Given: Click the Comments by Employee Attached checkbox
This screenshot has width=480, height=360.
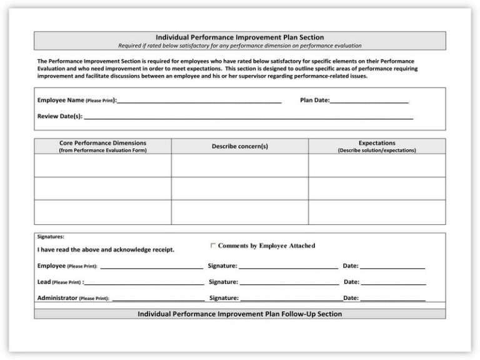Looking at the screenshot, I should pyautogui.click(x=213, y=246).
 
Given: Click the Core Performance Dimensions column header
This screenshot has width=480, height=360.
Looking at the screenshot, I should pyautogui.click(x=102, y=146).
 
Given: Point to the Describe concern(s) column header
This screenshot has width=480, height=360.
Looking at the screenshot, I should pyautogui.click(x=239, y=146).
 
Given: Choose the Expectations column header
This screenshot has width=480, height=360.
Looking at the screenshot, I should pyautogui.click(x=377, y=146).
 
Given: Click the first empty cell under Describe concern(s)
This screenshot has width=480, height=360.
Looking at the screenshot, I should pyautogui.click(x=239, y=166).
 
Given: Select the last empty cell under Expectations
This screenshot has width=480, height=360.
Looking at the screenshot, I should pyautogui.click(x=377, y=212).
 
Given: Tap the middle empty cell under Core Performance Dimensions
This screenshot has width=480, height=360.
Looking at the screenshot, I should pyautogui.click(x=102, y=189).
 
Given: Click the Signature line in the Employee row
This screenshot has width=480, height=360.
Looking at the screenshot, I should pyautogui.click(x=288, y=267).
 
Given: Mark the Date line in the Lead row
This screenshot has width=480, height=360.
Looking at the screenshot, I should pyautogui.click(x=393, y=283).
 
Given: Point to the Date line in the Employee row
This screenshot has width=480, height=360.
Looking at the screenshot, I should pyautogui.click(x=392, y=267).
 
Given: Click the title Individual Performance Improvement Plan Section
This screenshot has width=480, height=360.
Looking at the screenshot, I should pyautogui.click(x=239, y=37).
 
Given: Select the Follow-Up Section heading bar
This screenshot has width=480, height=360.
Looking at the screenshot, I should pyautogui.click(x=239, y=314).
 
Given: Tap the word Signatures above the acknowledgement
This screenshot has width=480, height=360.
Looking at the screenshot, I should pyautogui.click(x=51, y=237).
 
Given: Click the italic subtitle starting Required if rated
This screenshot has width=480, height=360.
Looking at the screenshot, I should pyautogui.click(x=239, y=46).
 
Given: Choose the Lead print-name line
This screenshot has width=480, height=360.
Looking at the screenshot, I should pyautogui.click(x=144, y=283).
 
